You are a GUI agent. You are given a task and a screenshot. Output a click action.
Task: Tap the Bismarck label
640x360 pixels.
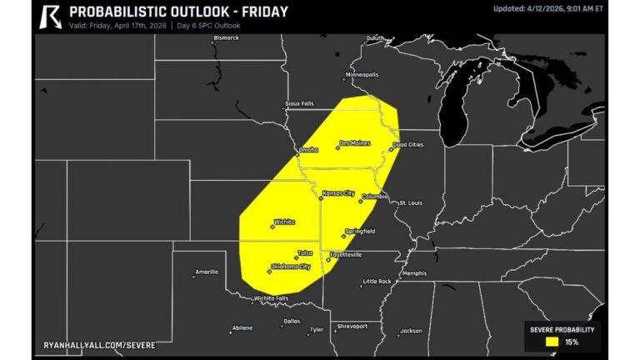tap(226, 37)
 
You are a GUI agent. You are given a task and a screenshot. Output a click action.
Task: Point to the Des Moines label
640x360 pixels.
tap(355, 143)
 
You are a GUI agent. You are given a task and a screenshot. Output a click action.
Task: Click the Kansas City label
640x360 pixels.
tap(339, 193)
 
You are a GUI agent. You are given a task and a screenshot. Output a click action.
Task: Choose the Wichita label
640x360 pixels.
tap(284, 222)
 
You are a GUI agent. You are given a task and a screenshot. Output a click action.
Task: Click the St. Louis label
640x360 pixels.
tap(412, 202)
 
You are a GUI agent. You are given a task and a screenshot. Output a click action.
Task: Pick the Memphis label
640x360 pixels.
tap(414, 273)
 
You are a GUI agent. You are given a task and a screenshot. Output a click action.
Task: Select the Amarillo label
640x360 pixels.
tap(207, 272)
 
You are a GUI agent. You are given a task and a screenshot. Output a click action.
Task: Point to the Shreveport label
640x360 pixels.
tap(352, 327)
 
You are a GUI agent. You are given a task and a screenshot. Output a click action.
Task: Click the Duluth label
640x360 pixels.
tap(377, 38)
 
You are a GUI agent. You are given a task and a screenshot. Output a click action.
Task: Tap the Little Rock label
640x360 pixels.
tap(377, 281)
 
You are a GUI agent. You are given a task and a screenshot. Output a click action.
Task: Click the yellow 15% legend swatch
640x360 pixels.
tap(551, 341)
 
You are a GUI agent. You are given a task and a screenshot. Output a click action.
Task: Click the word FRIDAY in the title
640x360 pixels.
tap(260, 12)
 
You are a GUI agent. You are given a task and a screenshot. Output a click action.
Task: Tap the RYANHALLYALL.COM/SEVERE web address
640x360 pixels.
tap(98, 344)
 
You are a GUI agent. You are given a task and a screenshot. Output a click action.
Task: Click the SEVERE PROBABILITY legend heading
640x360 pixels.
tap(562, 329)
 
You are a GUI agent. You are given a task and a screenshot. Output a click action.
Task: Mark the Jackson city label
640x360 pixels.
tap(412, 331)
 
